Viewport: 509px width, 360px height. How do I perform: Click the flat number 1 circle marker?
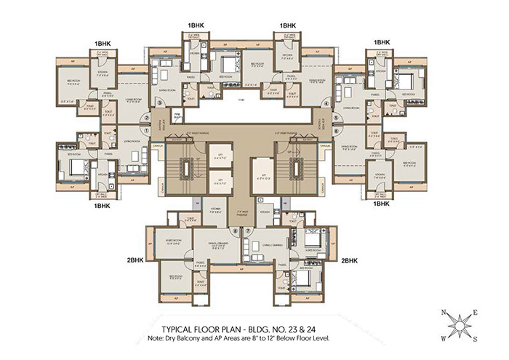pos(147,130)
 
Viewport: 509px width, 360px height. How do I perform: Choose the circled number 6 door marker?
pos(336,130)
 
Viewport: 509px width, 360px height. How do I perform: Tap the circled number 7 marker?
pos(248,233)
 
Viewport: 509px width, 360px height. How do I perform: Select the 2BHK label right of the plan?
pos(350,259)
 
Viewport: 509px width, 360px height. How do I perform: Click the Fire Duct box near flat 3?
pos(175,116)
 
